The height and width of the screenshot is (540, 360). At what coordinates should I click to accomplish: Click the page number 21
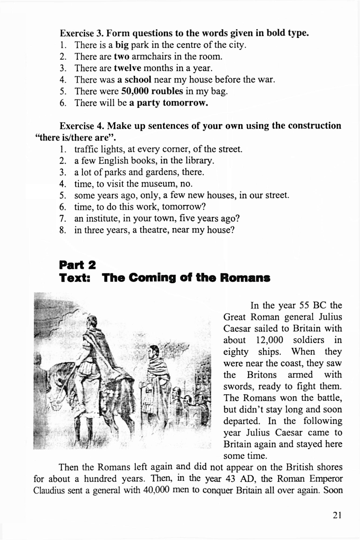[337, 515]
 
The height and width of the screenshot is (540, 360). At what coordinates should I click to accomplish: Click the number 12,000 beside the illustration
[270, 340]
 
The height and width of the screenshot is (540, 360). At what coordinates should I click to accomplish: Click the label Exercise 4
[82, 126]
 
